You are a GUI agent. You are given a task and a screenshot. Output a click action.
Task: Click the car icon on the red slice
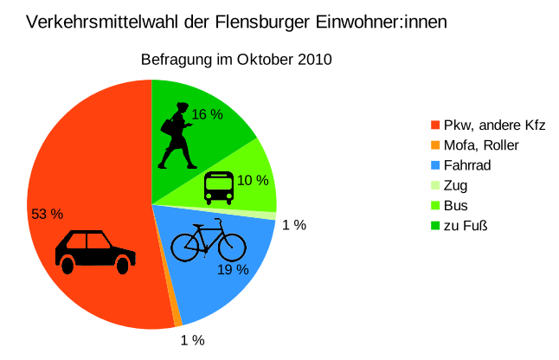(x=95, y=251)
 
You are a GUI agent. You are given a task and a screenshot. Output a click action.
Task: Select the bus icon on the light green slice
(x=218, y=187)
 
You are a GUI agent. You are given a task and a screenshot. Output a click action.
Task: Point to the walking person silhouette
(x=179, y=136)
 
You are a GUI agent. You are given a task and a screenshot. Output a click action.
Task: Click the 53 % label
(x=48, y=214)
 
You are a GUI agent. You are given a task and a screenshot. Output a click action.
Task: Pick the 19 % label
(x=233, y=269)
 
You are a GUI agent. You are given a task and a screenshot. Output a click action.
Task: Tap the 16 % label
(x=208, y=114)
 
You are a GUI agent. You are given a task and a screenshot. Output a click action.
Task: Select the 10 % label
(x=253, y=180)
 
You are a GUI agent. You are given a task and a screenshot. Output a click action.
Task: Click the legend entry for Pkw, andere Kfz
(x=493, y=125)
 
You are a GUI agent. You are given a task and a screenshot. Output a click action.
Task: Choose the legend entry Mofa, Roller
(x=480, y=145)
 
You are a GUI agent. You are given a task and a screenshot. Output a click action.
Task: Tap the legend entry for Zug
(x=455, y=185)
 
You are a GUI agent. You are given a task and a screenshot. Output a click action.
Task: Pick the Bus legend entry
(x=455, y=206)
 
